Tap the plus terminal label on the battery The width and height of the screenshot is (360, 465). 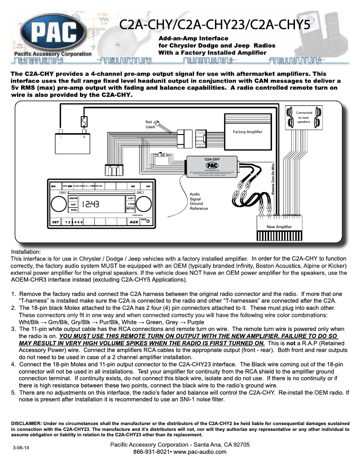click(83, 137)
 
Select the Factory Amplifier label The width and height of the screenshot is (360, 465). click(247, 132)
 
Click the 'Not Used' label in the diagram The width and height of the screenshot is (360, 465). click(150, 124)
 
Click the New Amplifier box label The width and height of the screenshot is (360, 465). click(279, 227)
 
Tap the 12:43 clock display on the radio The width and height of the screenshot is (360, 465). click(90, 204)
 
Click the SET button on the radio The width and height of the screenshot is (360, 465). click(55, 222)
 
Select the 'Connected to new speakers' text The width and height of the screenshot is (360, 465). click(304, 117)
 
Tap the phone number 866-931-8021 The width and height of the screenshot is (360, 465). click(151, 452)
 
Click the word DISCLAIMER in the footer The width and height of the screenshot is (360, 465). click(26, 423)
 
